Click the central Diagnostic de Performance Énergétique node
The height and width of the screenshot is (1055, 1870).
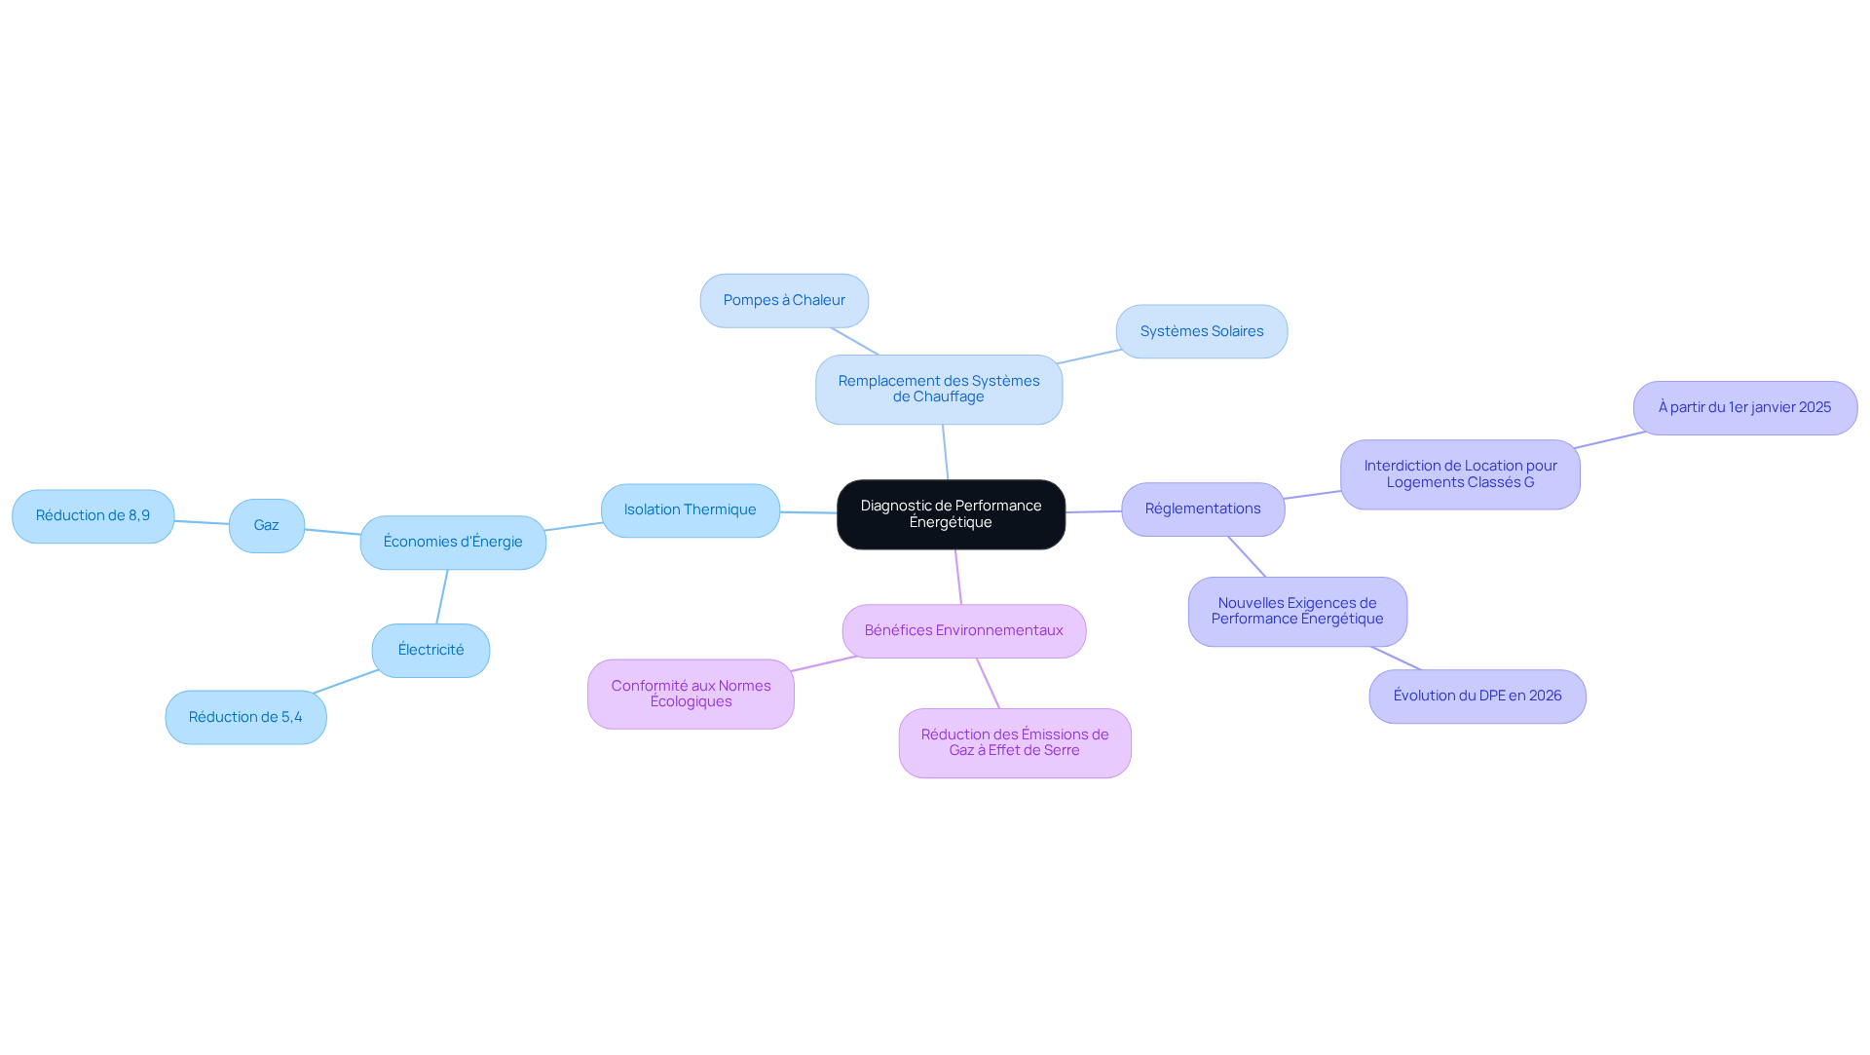pyautogui.click(x=951, y=514)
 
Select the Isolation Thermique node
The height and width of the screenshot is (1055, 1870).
pyautogui.click(x=690, y=510)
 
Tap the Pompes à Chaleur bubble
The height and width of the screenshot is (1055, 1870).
pyautogui.click(x=784, y=301)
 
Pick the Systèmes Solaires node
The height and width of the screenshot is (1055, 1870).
pyautogui.click(x=1201, y=332)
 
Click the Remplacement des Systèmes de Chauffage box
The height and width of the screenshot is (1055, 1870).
pyautogui.click(x=939, y=390)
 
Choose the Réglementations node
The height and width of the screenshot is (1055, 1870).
pyautogui.click(x=1203, y=509)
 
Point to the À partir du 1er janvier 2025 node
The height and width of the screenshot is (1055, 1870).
pyautogui.click(x=1744, y=408)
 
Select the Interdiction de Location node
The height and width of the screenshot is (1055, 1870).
pyautogui.click(x=1460, y=474)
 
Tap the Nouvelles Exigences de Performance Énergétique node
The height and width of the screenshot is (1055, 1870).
pyautogui.click(x=1297, y=612)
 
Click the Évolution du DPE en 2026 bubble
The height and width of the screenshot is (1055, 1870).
pyautogui.click(x=1477, y=697)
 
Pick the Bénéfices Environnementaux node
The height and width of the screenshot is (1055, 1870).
pyautogui.click(x=963, y=631)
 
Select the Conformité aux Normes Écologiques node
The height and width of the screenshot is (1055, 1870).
pyautogui.click(x=691, y=695)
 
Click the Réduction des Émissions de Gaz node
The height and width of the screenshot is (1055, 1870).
pyautogui.click(x=1015, y=743)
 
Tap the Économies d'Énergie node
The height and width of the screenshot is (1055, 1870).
pyautogui.click(x=453, y=543)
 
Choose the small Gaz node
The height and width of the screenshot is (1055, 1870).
pyautogui.click(x=267, y=526)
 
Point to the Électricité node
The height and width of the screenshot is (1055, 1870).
pyautogui.click(x=430, y=651)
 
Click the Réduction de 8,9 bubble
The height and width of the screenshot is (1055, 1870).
pyautogui.click(x=93, y=516)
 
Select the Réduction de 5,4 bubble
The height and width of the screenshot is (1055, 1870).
pyautogui.click(x=245, y=718)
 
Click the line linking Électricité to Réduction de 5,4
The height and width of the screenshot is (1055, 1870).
pyautogui.click(x=346, y=682)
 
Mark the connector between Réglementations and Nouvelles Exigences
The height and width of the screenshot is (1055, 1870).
pyautogui.click(x=1247, y=556)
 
